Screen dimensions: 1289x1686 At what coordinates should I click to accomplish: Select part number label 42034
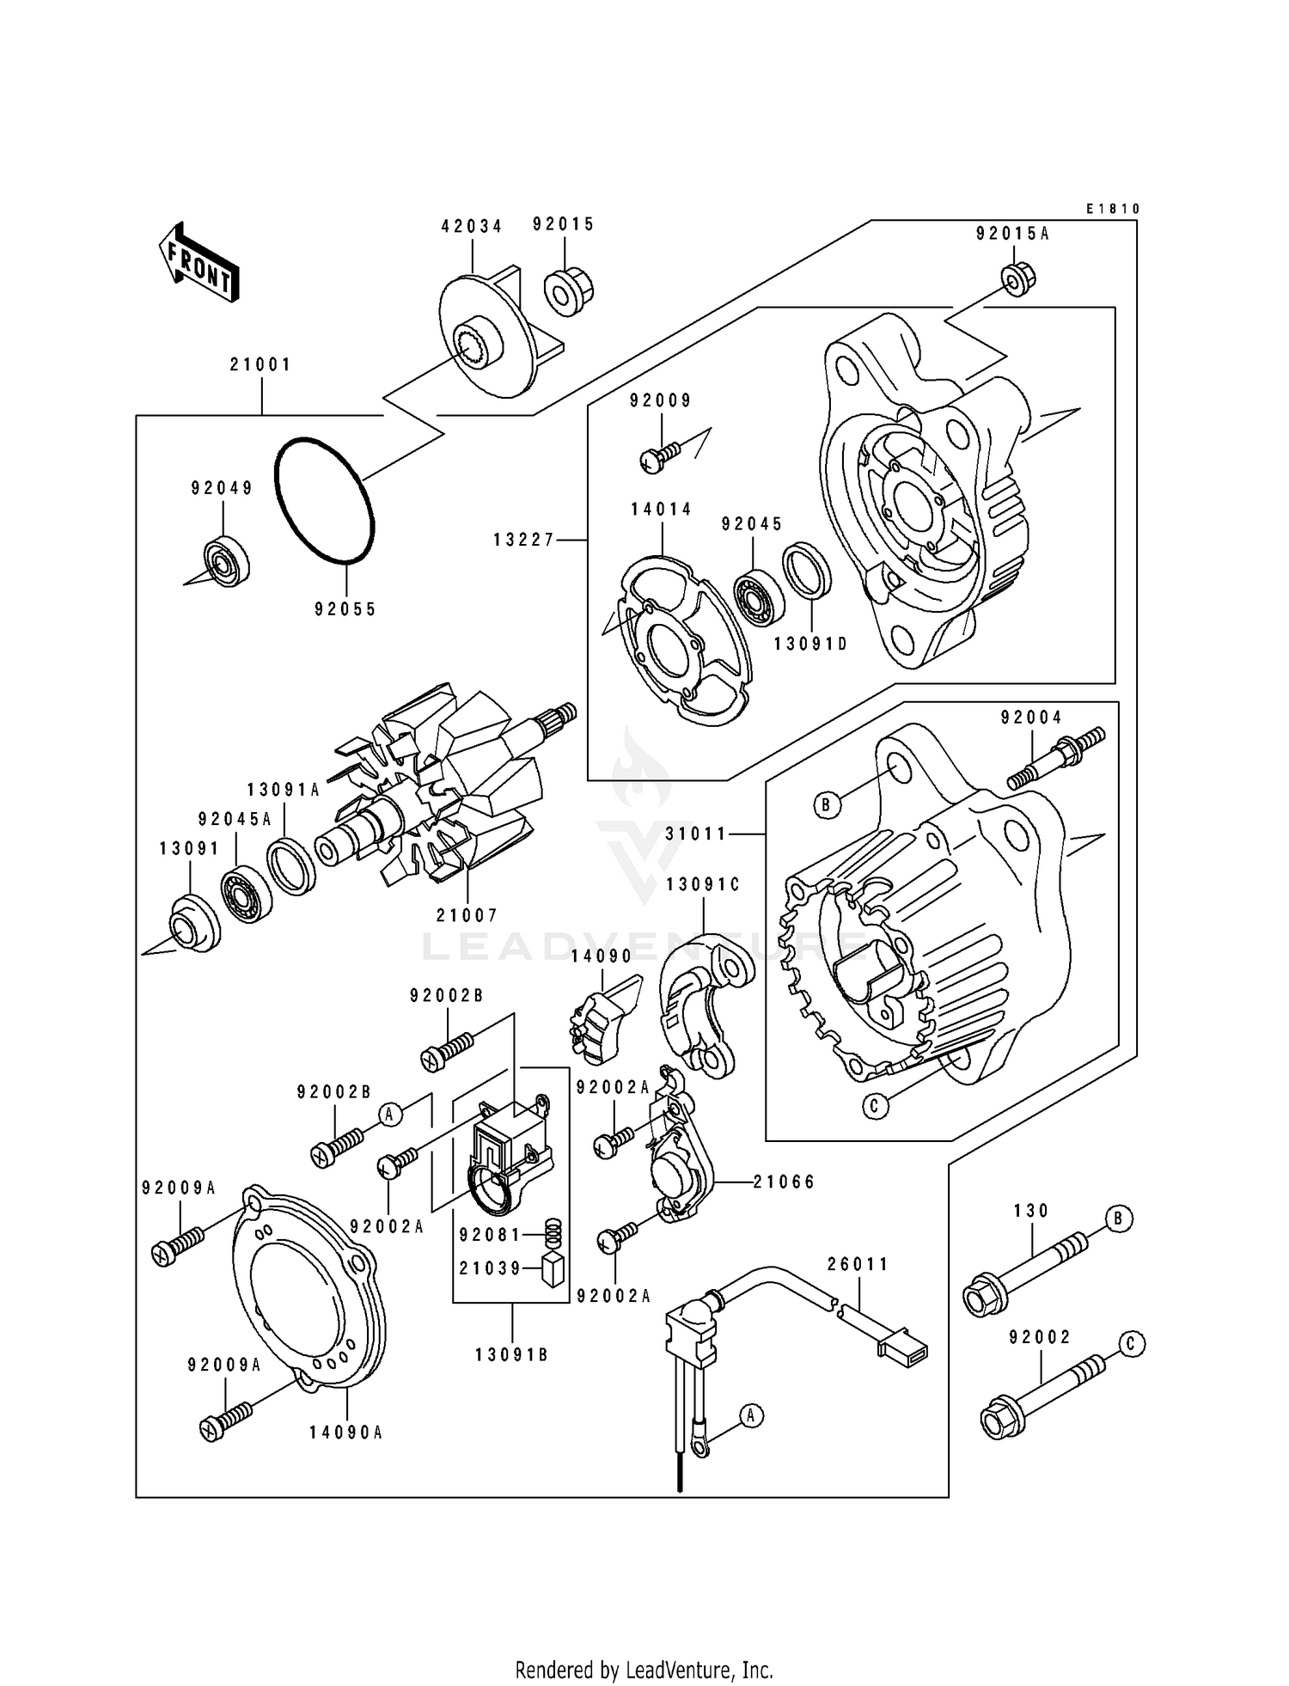(472, 226)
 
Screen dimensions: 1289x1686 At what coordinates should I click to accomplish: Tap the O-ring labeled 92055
(325, 501)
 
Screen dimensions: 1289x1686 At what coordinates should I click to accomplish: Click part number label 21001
(260, 364)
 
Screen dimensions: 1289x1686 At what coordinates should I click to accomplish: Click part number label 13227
(524, 540)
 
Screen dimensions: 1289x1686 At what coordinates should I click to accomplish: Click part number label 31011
(696, 833)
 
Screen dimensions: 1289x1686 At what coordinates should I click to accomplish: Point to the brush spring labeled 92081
(555, 1235)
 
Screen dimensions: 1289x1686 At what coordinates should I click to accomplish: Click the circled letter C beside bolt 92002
(1132, 1345)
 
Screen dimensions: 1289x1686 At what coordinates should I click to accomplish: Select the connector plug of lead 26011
(902, 1345)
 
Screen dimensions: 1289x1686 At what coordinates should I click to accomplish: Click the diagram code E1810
(1113, 209)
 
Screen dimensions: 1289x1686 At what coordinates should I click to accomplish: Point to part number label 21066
(785, 1182)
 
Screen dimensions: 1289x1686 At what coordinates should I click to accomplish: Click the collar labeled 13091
(192, 924)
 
